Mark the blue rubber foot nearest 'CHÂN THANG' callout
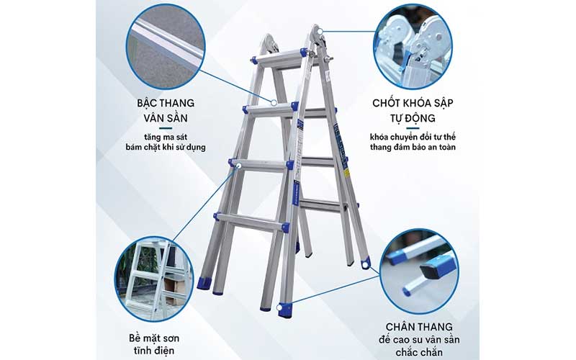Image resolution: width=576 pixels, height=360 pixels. (286, 310)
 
